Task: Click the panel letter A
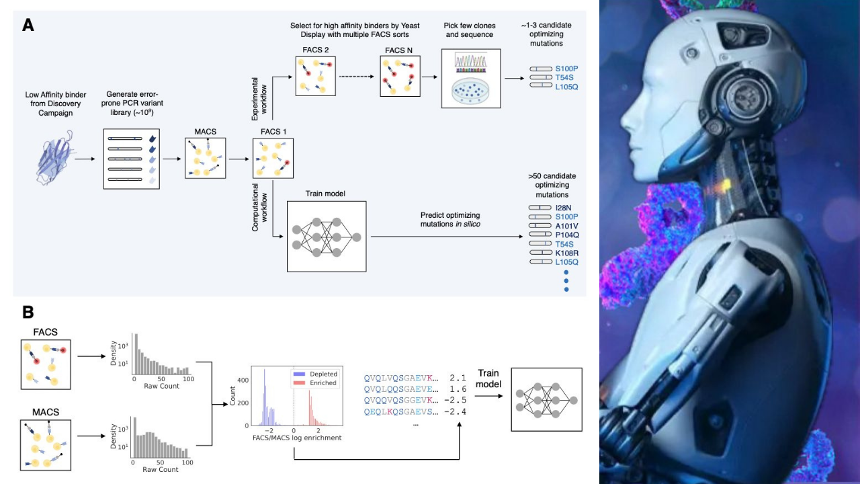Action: pyautogui.click(x=28, y=25)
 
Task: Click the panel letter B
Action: pyautogui.click(x=28, y=312)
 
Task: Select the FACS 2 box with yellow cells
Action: pyautogui.click(x=315, y=76)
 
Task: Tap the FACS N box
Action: pyautogui.click(x=400, y=76)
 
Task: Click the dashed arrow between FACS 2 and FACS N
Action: pyautogui.click(x=357, y=76)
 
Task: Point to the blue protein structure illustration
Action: pyautogui.click(x=53, y=159)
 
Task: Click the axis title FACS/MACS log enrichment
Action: pyautogui.click(x=296, y=438)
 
